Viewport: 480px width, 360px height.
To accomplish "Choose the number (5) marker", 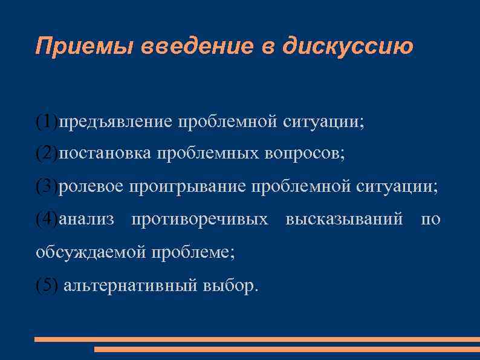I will pos(47,285).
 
